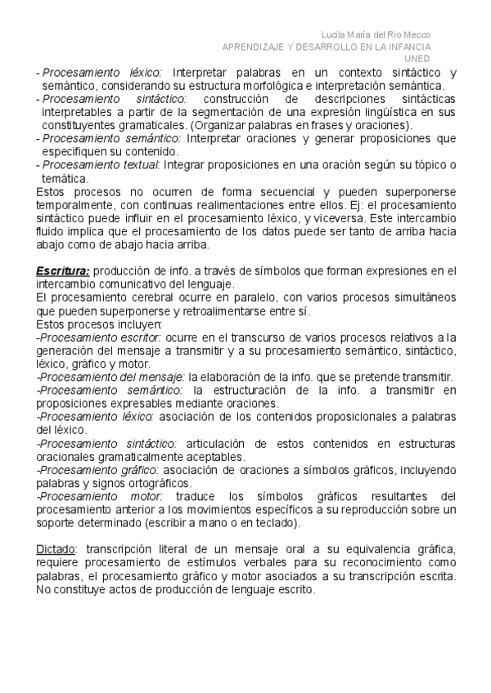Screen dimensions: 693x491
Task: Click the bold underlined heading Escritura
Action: click(63, 271)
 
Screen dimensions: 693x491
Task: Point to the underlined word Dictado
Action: click(56, 547)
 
